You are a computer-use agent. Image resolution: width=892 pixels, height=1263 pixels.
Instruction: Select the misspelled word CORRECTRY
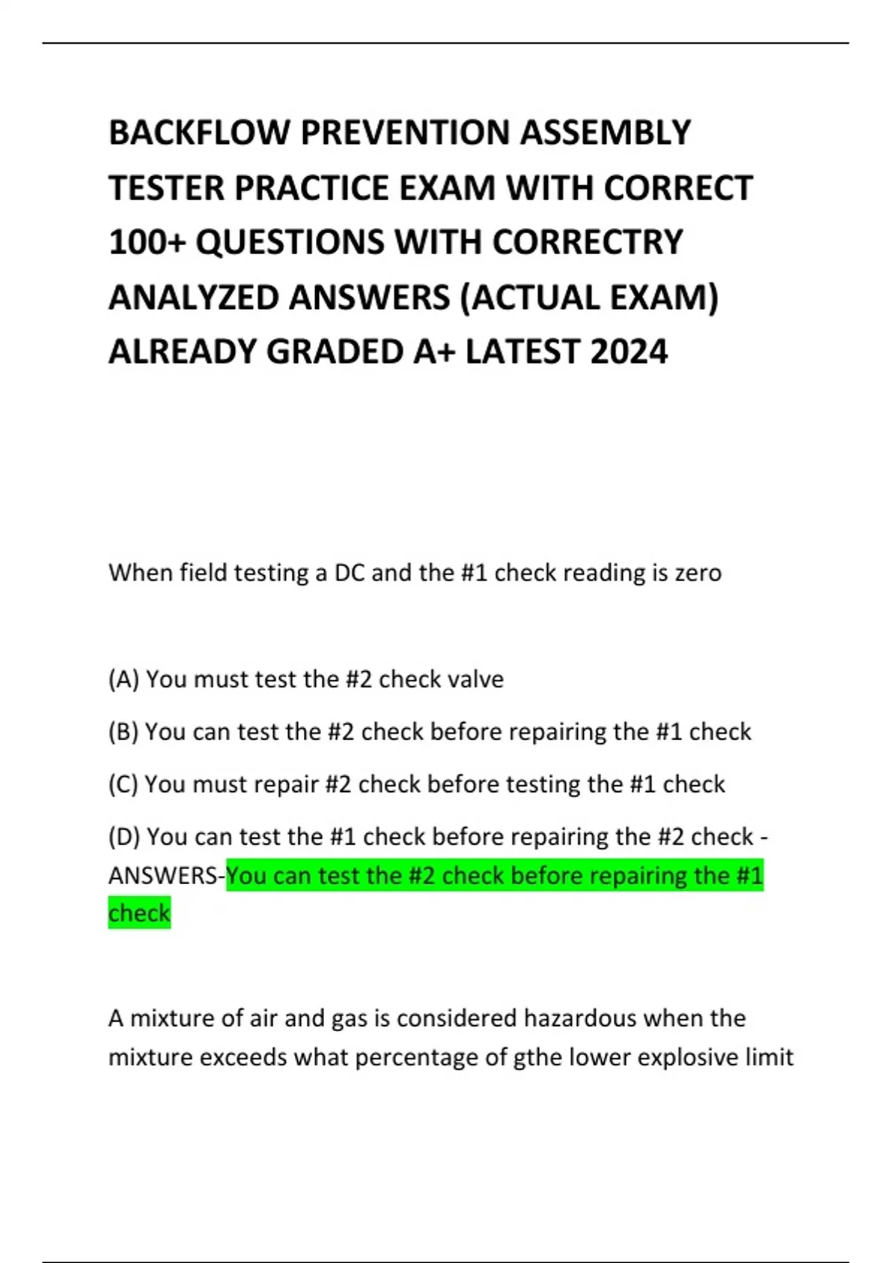pos(587,242)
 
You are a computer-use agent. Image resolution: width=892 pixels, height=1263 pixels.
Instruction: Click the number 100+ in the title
pos(146,242)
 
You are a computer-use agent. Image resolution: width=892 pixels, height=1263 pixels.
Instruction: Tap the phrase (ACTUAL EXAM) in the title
pos(589,297)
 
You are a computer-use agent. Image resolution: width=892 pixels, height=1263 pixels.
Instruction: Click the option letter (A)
pos(123,679)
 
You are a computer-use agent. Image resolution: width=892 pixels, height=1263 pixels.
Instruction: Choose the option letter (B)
pos(123,732)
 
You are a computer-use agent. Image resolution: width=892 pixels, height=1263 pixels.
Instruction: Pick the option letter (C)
pos(123,785)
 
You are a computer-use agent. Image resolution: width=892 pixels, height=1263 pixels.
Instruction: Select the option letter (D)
pos(124,837)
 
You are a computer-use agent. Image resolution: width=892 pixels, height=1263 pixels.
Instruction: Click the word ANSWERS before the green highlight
pos(164,876)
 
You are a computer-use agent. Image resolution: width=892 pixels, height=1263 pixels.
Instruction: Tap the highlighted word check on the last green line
pos(139,913)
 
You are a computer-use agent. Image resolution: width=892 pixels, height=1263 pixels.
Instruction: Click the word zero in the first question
pos(698,573)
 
